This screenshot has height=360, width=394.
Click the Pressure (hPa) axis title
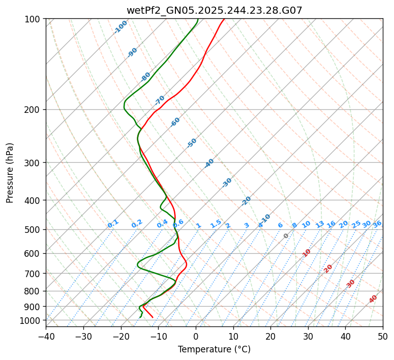point(10,172)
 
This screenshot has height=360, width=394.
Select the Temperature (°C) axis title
point(214,350)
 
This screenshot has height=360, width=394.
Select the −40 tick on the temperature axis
point(46,336)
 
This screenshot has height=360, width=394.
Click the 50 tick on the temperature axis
point(383,336)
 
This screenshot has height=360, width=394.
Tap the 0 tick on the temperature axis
point(196,336)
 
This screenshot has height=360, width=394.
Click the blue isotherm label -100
point(120,27)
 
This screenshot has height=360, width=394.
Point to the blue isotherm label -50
point(192,143)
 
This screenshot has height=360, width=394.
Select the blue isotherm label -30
point(227,183)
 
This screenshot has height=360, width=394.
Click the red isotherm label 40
point(373,299)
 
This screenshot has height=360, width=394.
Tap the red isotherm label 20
point(328,268)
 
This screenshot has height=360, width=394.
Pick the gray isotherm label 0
point(286,236)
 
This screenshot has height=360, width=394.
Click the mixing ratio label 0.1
point(113,224)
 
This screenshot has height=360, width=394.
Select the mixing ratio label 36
point(377,224)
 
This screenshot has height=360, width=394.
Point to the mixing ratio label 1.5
point(216,224)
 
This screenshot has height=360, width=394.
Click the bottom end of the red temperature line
point(152,317)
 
